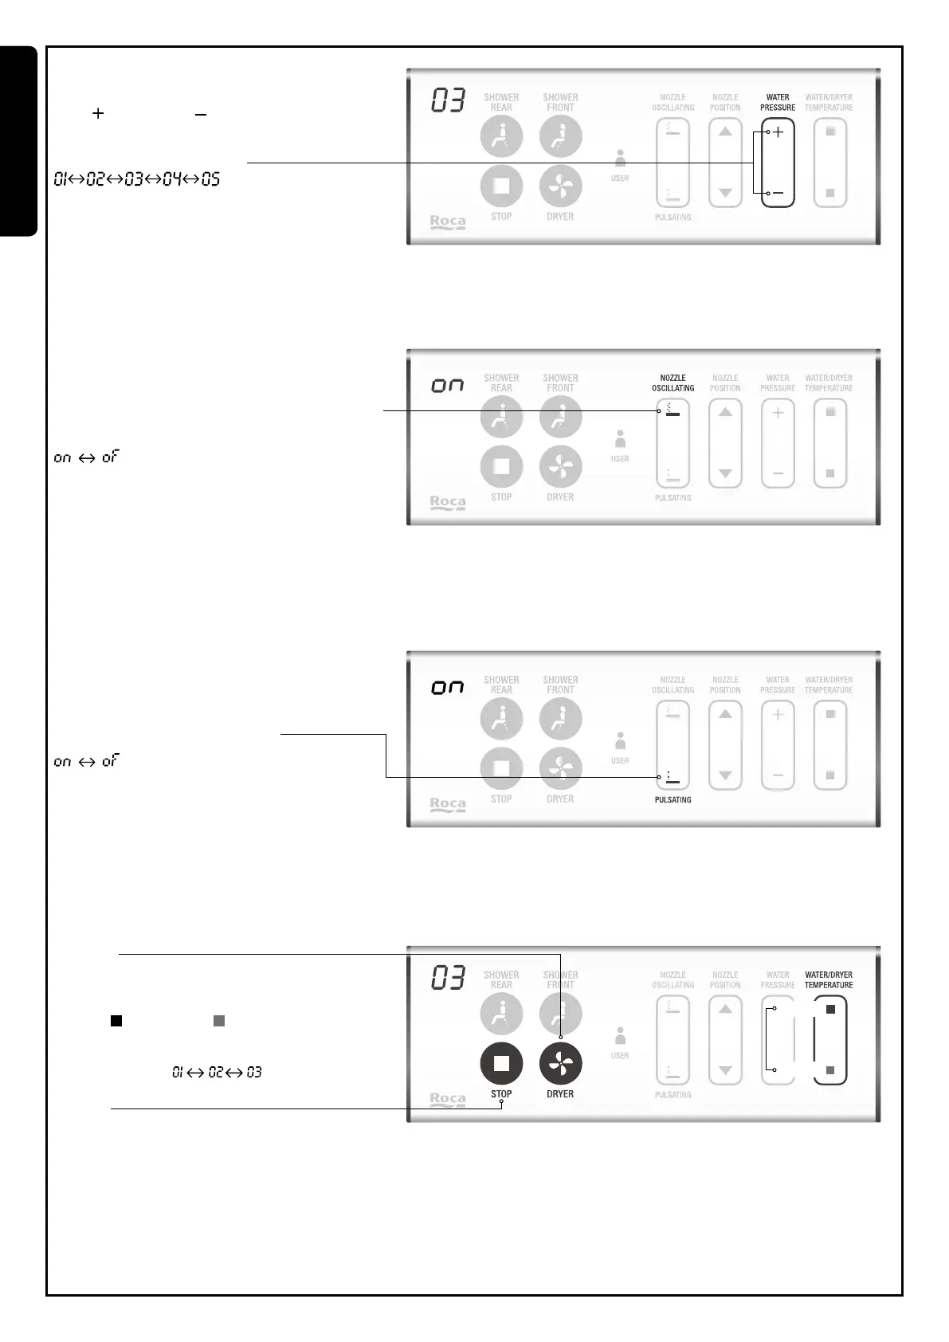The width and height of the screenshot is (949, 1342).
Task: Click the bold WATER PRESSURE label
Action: pyautogui.click(x=778, y=103)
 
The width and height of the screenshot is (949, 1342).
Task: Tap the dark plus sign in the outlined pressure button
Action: pyautogui.click(x=778, y=132)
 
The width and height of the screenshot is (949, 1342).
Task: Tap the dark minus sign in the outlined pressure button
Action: pyautogui.click(x=778, y=193)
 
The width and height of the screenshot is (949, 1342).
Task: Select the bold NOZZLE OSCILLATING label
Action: pyautogui.click(x=673, y=383)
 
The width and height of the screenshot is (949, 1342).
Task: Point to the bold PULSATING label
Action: pyautogui.click(x=673, y=799)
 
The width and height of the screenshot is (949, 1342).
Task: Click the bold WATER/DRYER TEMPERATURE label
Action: pyautogui.click(x=829, y=980)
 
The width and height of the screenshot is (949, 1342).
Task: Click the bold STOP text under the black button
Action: pyautogui.click(x=501, y=1094)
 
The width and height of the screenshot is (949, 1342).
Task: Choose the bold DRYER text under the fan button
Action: pyautogui.click(x=560, y=1094)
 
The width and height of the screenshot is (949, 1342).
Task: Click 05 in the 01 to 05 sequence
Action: pyautogui.click(x=210, y=179)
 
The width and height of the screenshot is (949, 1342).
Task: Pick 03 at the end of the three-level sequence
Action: pyautogui.click(x=253, y=1073)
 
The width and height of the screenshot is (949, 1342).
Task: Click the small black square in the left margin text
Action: pyautogui.click(x=116, y=1021)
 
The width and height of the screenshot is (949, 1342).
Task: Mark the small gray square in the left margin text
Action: pyautogui.click(x=219, y=1021)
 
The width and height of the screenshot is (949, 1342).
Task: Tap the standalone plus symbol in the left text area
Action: pyautogui.click(x=98, y=114)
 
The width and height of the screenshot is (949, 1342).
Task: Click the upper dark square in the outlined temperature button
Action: pyautogui.click(x=830, y=1010)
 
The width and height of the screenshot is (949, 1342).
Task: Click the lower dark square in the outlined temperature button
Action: pyautogui.click(x=830, y=1070)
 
